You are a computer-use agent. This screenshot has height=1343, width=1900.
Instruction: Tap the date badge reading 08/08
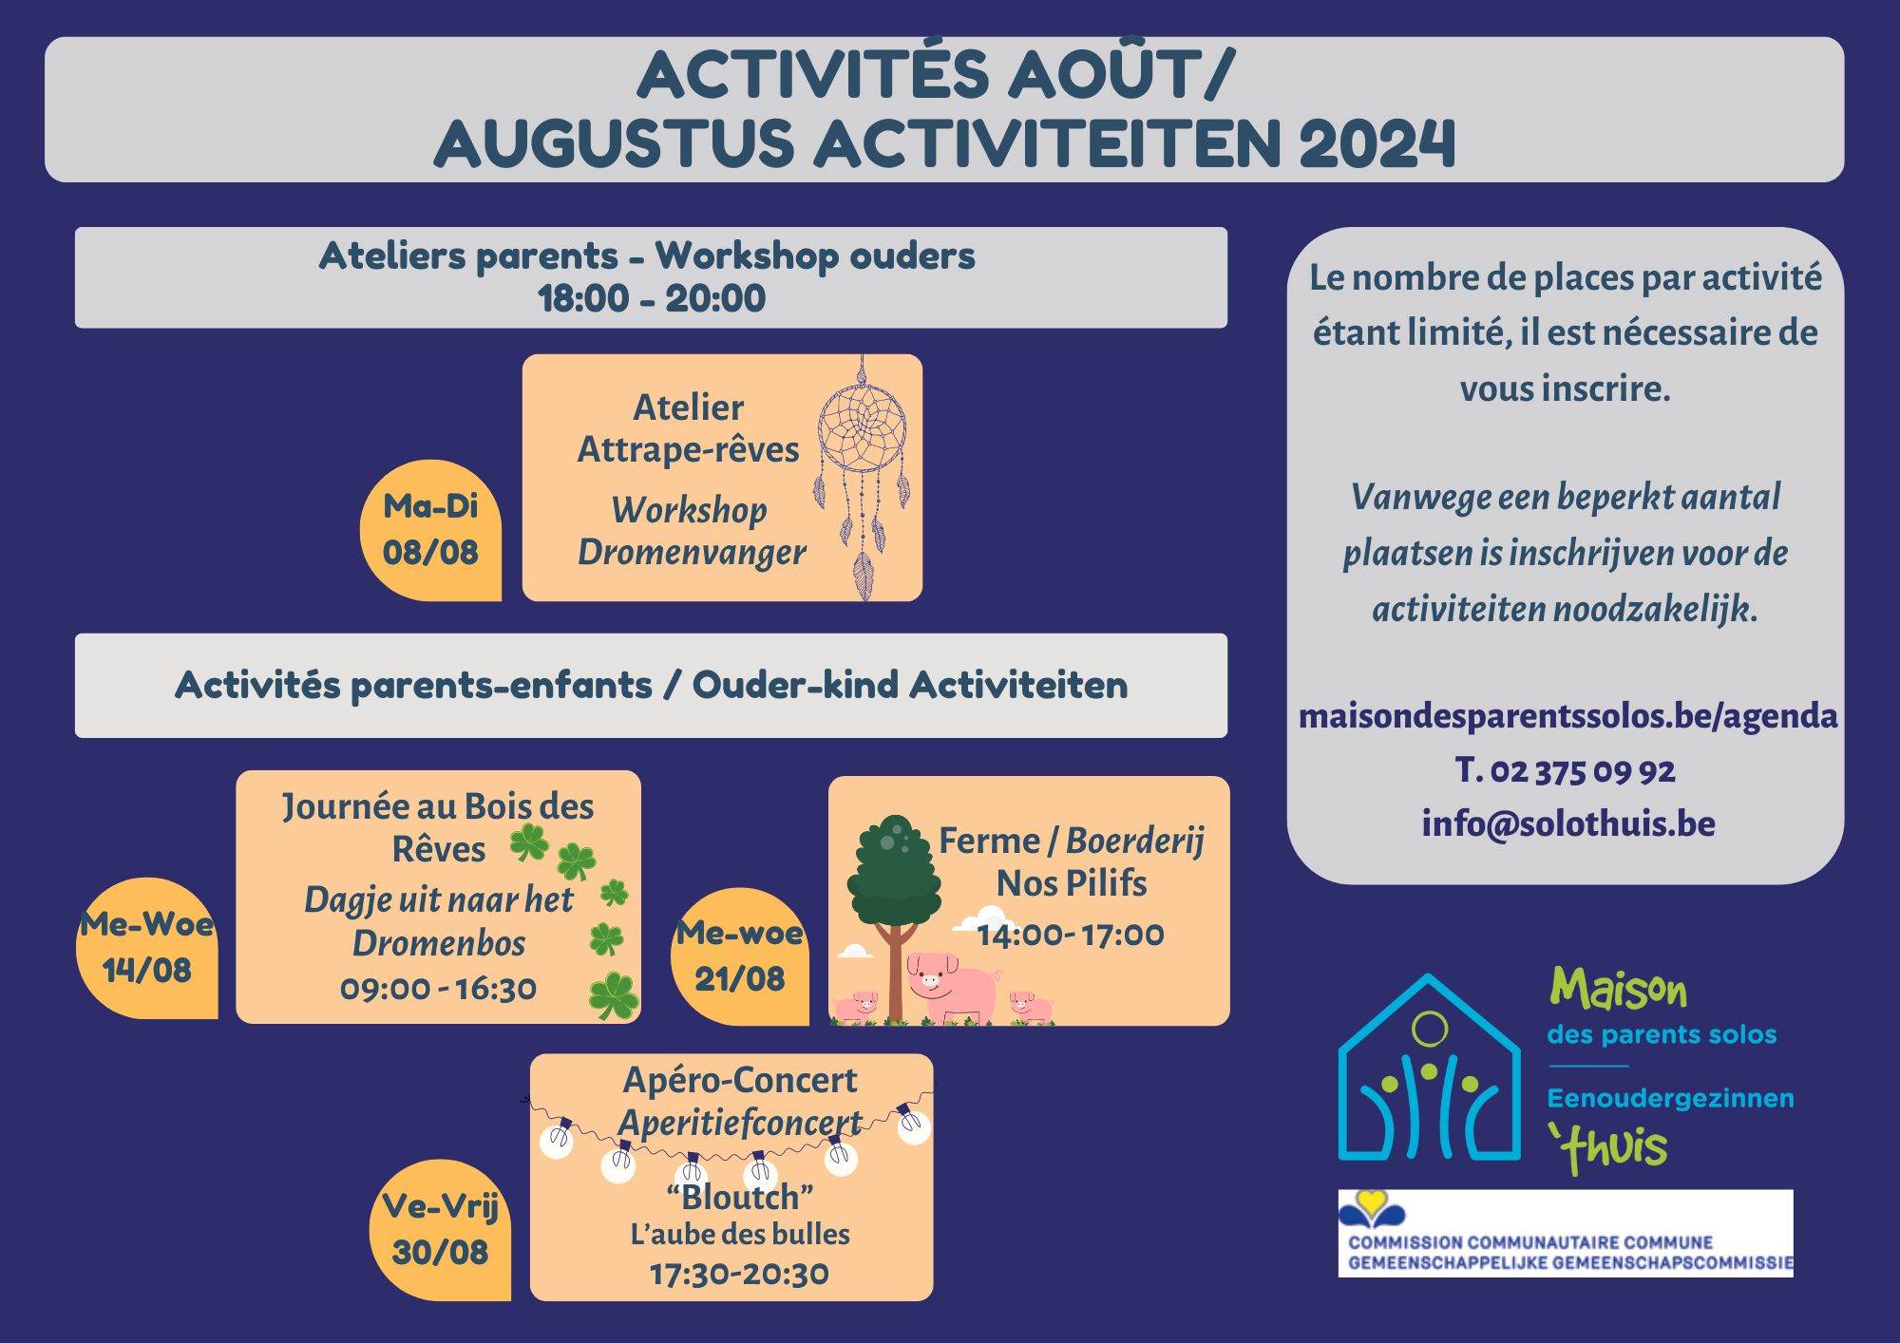pyautogui.click(x=430, y=530)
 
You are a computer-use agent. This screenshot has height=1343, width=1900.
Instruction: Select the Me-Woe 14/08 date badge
pyautogui.click(x=147, y=948)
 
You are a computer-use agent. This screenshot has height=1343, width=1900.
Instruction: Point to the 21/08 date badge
pyautogui.click(x=740, y=956)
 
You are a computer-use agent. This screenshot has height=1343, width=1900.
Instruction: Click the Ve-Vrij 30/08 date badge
pyautogui.click(x=440, y=1230)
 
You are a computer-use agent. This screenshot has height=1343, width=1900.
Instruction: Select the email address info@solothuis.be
pyautogui.click(x=1568, y=823)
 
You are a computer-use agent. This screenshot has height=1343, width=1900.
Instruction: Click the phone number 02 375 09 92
pyautogui.click(x=1583, y=770)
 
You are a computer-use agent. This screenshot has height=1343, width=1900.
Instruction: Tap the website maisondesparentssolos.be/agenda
pyautogui.click(x=1567, y=715)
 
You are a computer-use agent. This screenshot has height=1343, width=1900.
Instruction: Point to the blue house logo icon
pyautogui.click(x=1430, y=1068)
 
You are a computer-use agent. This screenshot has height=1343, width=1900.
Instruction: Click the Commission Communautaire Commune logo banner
pyautogui.click(x=1566, y=1233)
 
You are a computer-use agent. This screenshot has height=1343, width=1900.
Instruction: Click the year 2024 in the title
pyautogui.click(x=1377, y=143)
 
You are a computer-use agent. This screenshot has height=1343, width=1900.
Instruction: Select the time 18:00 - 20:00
pyautogui.click(x=652, y=298)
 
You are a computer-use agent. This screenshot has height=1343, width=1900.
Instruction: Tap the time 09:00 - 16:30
pyautogui.click(x=438, y=989)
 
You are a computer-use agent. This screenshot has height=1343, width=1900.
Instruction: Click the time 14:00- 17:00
pyautogui.click(x=1071, y=935)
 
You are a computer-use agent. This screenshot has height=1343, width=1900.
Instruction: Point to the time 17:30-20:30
pyautogui.click(x=739, y=1274)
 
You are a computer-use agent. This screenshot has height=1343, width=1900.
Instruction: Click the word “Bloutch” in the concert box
pyautogui.click(x=740, y=1197)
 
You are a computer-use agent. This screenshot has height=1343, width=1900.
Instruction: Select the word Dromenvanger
pyautogui.click(x=692, y=552)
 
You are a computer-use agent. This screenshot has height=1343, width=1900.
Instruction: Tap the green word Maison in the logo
pyautogui.click(x=1619, y=990)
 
